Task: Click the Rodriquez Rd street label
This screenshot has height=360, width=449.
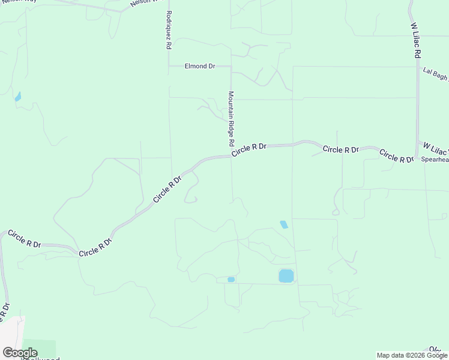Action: click(x=169, y=29)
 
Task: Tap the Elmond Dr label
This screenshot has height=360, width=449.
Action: click(x=200, y=66)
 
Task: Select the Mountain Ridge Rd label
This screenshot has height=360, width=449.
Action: click(x=231, y=119)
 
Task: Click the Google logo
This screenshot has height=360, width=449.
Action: click(x=20, y=352)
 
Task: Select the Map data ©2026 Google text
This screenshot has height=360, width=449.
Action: click(x=411, y=355)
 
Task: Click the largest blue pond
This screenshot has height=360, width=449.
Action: click(x=286, y=276)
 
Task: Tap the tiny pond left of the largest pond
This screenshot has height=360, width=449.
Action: click(x=231, y=279)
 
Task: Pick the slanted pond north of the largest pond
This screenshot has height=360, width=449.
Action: click(x=283, y=224)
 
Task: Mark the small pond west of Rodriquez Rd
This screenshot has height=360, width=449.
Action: click(x=17, y=96)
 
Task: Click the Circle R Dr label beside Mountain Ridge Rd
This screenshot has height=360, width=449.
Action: click(x=249, y=149)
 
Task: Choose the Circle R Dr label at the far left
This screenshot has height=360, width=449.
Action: click(x=24, y=238)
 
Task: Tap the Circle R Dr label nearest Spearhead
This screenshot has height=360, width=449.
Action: click(x=396, y=156)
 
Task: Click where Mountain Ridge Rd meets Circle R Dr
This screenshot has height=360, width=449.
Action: click(x=232, y=155)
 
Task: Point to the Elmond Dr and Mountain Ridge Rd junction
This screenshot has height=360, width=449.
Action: click(x=231, y=66)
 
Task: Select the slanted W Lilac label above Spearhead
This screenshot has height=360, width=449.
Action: click(x=435, y=147)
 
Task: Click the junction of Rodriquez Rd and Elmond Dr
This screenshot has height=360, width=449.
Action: click(x=169, y=66)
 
